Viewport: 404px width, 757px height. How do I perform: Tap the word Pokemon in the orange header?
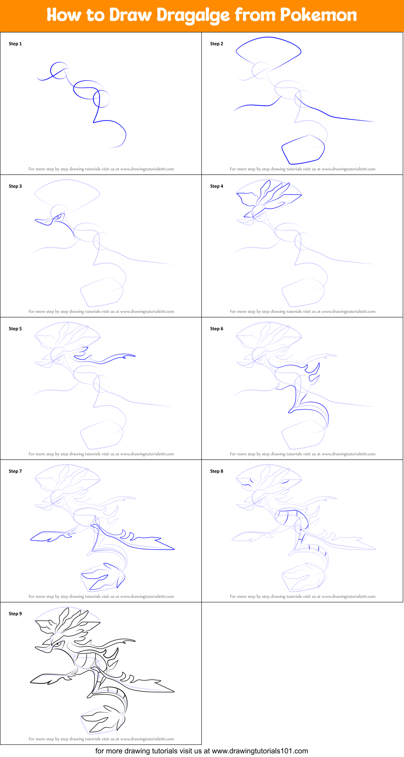click(318, 15)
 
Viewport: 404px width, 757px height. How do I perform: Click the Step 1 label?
click(15, 44)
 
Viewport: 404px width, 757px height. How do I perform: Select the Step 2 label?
click(217, 44)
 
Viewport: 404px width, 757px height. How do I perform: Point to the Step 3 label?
click(15, 186)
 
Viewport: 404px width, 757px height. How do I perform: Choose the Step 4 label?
click(217, 186)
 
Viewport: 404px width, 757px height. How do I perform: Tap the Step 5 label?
click(15, 329)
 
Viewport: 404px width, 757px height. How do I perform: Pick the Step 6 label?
click(217, 329)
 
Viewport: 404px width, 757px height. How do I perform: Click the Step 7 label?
click(15, 471)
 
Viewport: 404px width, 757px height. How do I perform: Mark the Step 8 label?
click(217, 471)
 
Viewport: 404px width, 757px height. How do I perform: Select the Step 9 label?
click(15, 614)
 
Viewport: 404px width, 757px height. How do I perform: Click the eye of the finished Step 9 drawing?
click(59, 644)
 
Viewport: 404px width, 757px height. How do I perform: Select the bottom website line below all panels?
click(201, 751)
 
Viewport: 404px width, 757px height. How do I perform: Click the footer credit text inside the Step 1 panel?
click(101, 169)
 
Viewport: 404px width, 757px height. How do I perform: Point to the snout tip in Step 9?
click(36, 648)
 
